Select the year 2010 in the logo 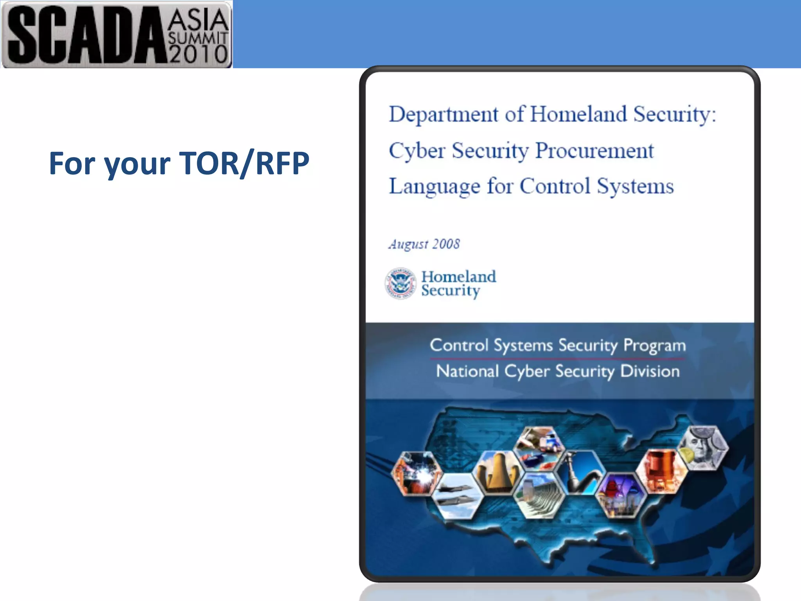click(198, 54)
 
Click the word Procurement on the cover click(594, 151)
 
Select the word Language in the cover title click(434, 186)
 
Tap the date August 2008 click(424, 244)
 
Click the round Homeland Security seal click(400, 284)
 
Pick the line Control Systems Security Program click(558, 345)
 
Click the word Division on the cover click(650, 371)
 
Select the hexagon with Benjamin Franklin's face click(704, 448)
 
